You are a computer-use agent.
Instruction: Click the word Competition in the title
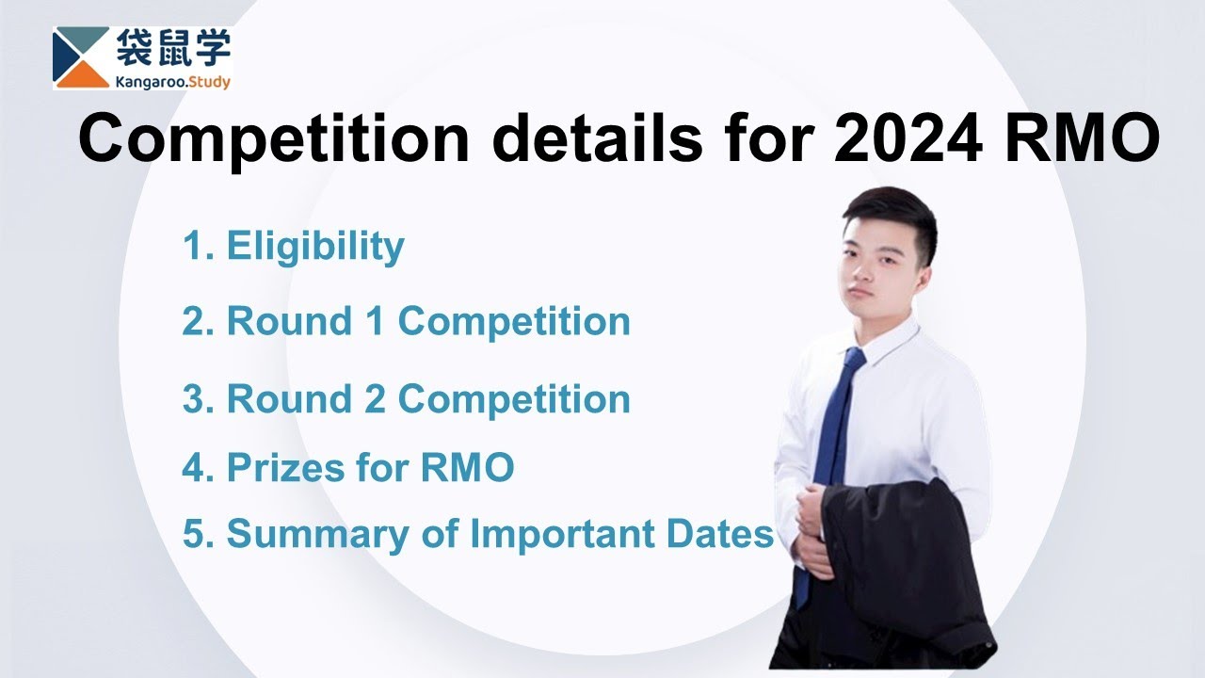pos(273,139)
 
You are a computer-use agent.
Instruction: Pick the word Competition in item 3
pos(514,399)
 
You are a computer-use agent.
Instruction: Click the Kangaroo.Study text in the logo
pos(172,82)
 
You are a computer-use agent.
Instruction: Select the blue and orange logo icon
pos(81,57)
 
